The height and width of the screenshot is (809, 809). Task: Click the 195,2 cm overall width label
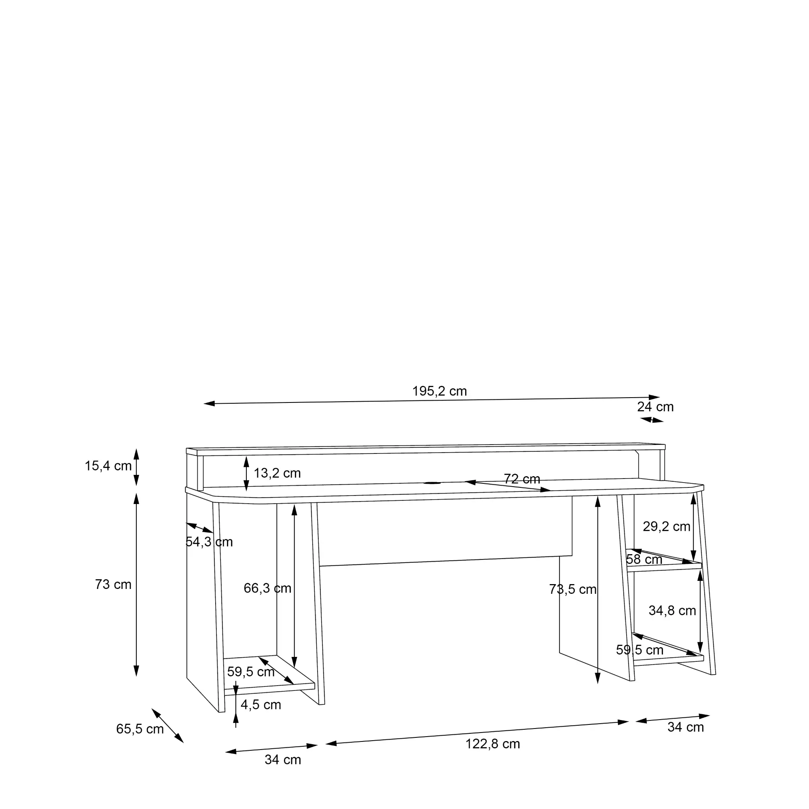[x=439, y=391]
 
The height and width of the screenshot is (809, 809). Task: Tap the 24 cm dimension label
[x=655, y=407]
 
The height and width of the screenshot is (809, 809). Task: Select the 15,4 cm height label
[x=108, y=466]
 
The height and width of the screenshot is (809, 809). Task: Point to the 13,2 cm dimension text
[x=277, y=473]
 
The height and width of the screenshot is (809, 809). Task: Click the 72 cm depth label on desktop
[x=522, y=479]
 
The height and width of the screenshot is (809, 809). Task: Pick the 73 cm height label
[x=113, y=584]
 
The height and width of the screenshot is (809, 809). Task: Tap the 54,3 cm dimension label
[x=209, y=542]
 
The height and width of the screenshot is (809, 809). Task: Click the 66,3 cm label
[x=267, y=588]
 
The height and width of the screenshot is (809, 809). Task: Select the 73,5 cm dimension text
[x=572, y=589]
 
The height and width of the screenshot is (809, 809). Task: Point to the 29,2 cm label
[x=666, y=526]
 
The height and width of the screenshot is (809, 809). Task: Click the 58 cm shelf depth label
[x=644, y=559]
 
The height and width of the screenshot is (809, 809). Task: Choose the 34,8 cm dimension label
[x=672, y=610]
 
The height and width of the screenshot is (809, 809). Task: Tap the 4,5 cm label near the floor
[x=260, y=705]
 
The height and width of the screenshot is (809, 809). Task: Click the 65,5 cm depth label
[x=140, y=729]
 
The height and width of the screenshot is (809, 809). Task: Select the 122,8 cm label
[x=492, y=744]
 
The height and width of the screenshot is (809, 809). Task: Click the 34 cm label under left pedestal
[x=283, y=760]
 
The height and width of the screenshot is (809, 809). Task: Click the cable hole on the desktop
[x=432, y=483]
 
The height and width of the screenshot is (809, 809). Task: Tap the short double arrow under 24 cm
[x=652, y=419]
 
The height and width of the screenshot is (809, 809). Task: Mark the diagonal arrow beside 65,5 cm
[x=167, y=726]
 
